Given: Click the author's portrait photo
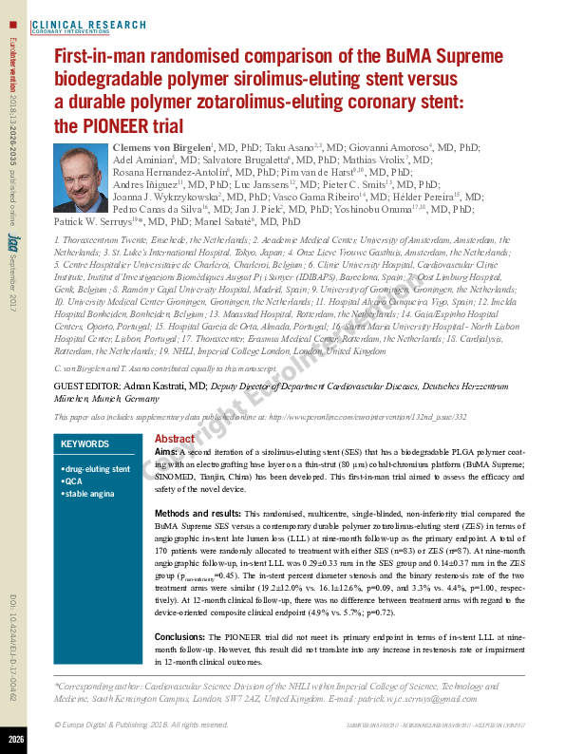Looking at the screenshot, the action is coord(81,178).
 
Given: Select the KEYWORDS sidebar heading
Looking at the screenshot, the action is coord(85,444).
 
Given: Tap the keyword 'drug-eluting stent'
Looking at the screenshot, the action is coord(96,469).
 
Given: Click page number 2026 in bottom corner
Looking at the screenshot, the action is coord(15,738).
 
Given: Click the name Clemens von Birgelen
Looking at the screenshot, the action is coord(160,148).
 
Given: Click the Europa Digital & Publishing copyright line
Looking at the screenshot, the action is coord(142,725).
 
